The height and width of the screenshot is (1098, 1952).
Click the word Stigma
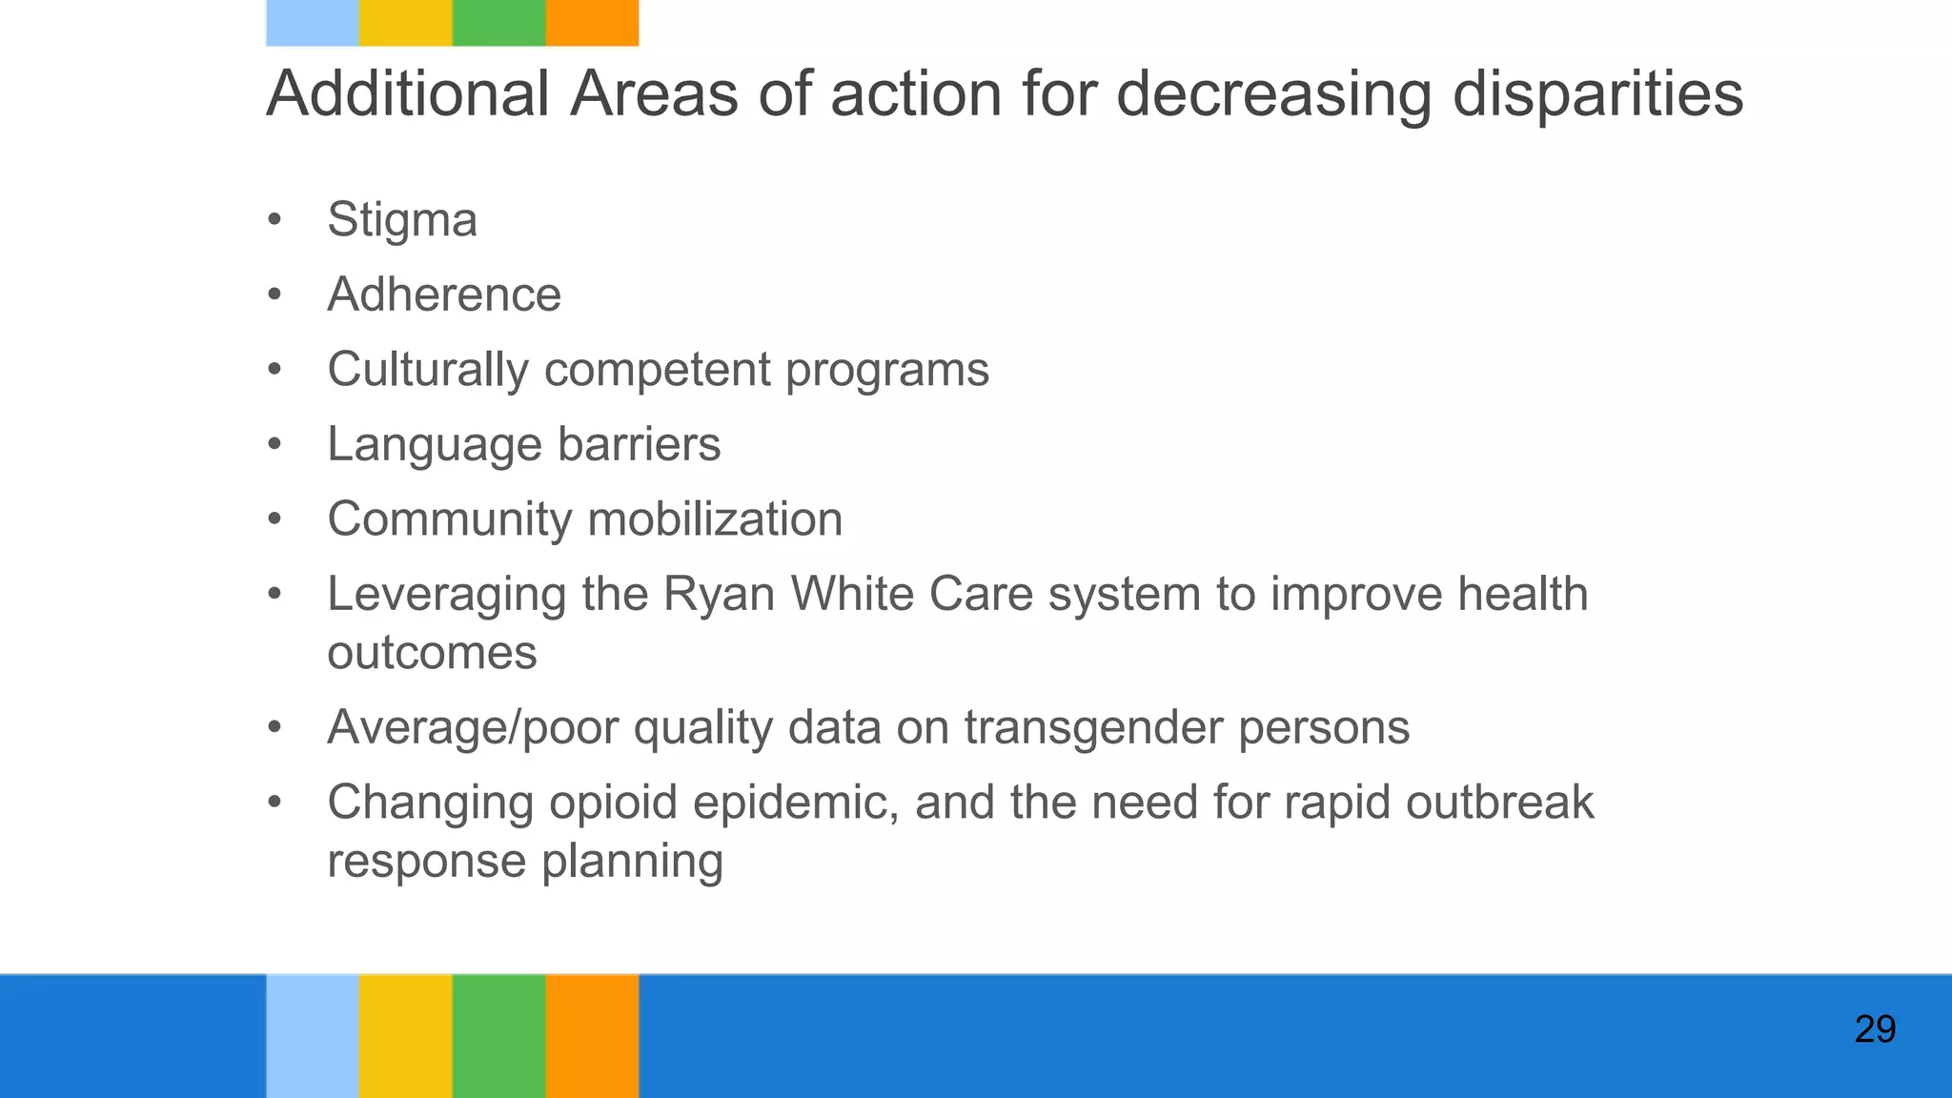click(401, 221)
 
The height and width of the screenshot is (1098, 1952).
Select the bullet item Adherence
click(444, 295)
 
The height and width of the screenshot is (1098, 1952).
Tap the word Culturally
click(428, 370)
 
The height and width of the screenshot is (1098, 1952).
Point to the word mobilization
click(715, 519)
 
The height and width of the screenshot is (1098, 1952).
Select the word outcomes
click(432, 654)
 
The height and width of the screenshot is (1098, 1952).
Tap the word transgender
click(1093, 728)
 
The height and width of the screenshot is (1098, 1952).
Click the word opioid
click(612, 803)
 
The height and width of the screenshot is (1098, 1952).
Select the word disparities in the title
click(1597, 94)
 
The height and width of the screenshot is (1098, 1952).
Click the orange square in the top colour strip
click(592, 23)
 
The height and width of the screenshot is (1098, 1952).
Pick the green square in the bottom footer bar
click(498, 1036)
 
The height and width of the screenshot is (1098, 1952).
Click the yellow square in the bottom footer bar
click(405, 1036)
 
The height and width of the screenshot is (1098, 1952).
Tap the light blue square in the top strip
click(313, 23)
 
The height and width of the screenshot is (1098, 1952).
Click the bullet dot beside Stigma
click(275, 221)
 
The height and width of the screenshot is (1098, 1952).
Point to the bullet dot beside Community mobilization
click(275, 520)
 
